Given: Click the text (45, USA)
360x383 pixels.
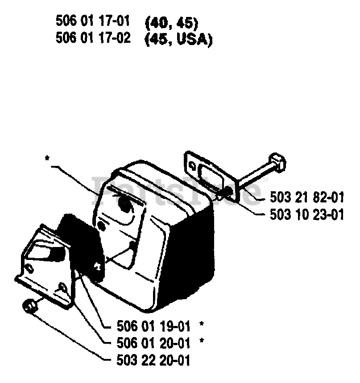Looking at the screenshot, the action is [178, 39].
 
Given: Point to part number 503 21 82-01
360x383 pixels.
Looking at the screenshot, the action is [306, 197].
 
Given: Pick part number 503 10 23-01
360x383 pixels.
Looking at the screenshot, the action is [306, 215].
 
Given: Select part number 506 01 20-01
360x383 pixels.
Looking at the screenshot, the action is [153, 343].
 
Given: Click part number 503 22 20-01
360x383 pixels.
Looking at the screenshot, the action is [153, 360].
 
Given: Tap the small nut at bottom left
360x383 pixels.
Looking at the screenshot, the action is [29, 306].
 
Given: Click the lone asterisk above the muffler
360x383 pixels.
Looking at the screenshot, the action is [47, 158].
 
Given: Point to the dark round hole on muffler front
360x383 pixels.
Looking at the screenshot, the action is [125, 205].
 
